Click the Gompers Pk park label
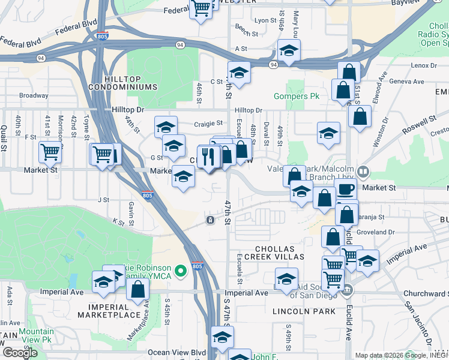tap(296, 96)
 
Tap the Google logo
tap(20, 352)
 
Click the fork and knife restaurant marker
tap(208, 157)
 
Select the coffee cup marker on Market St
tap(345, 190)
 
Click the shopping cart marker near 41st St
tap(50, 152)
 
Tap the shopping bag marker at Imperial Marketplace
tap(138, 290)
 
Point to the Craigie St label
tap(209, 124)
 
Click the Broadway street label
tap(34, 95)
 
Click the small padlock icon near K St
tap(210, 220)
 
